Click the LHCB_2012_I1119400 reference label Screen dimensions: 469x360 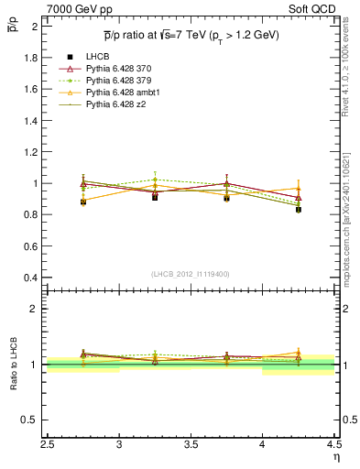point(190,274)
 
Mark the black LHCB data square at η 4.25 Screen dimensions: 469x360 point(299,210)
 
